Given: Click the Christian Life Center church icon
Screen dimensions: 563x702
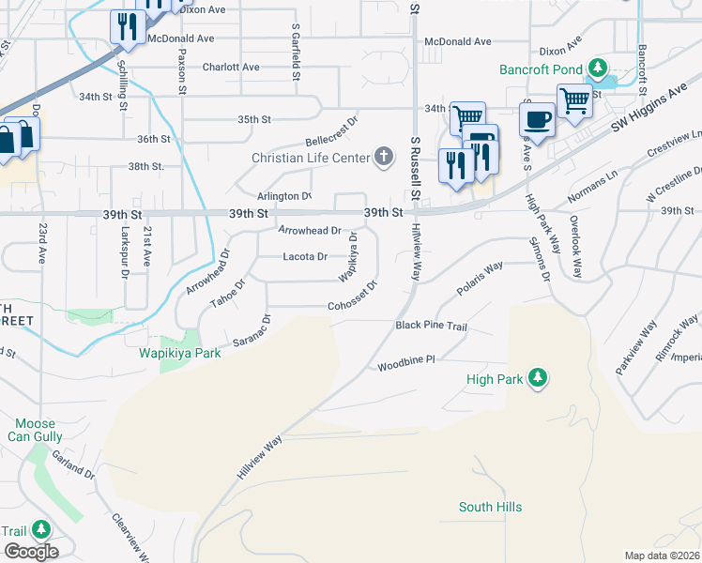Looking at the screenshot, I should [383, 157].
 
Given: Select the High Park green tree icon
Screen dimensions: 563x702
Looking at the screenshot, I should [537, 378].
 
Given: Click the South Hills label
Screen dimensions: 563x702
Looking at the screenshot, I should [490, 508].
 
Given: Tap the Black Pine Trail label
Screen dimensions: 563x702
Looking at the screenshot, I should [431, 326].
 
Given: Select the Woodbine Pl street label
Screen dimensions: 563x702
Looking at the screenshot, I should [406, 360].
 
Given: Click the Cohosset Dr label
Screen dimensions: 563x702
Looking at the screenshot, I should [353, 306].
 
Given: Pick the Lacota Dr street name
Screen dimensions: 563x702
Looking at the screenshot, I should [305, 256].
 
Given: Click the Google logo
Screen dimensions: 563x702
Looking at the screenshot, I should [31, 552].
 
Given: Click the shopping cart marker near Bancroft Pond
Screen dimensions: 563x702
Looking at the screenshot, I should [573, 100].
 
